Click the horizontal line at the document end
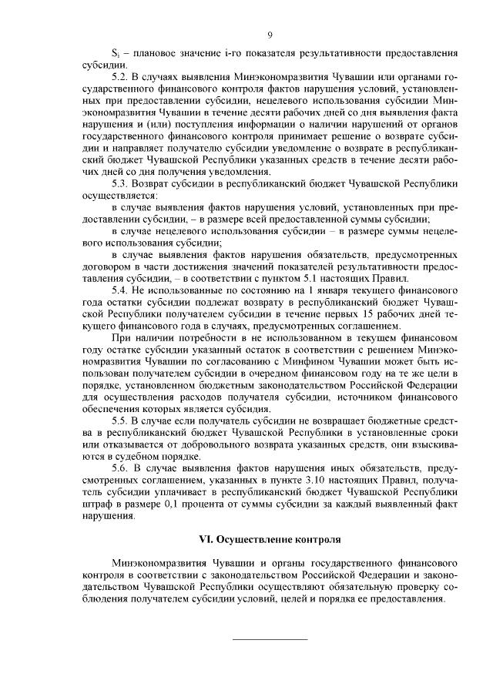click(270, 638)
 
